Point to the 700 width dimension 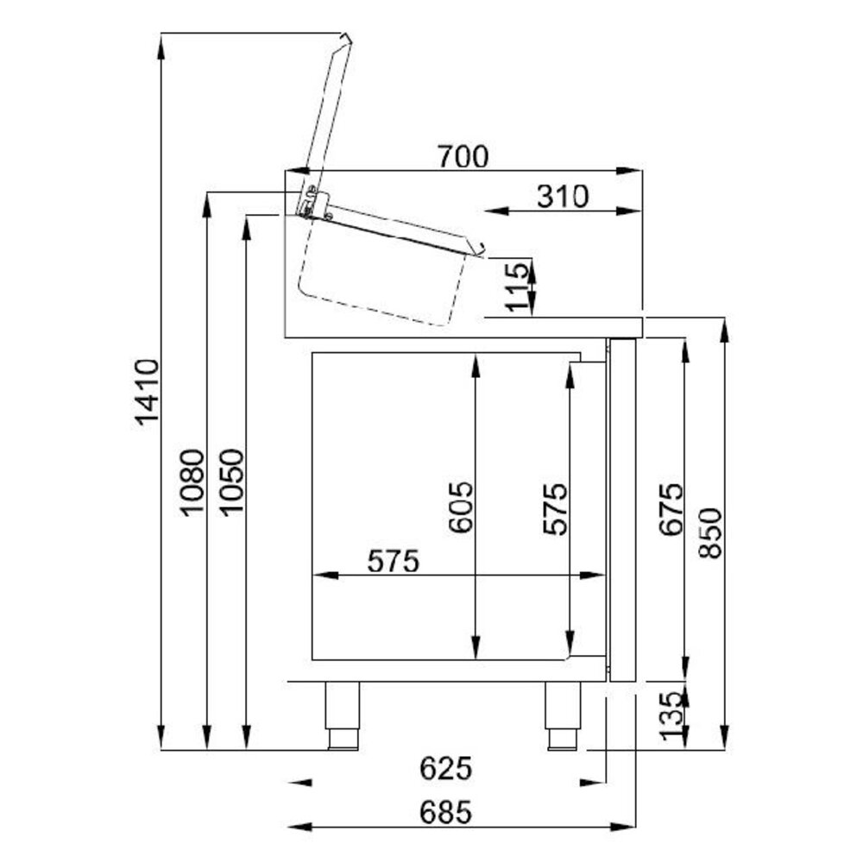click(463, 157)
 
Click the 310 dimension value click(562, 197)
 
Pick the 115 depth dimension click(516, 287)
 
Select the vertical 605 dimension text click(461, 507)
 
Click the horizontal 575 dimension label click(393, 561)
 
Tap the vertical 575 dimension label click(554, 509)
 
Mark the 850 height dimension click(709, 532)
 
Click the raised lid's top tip click(345, 38)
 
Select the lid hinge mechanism click(312, 202)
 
